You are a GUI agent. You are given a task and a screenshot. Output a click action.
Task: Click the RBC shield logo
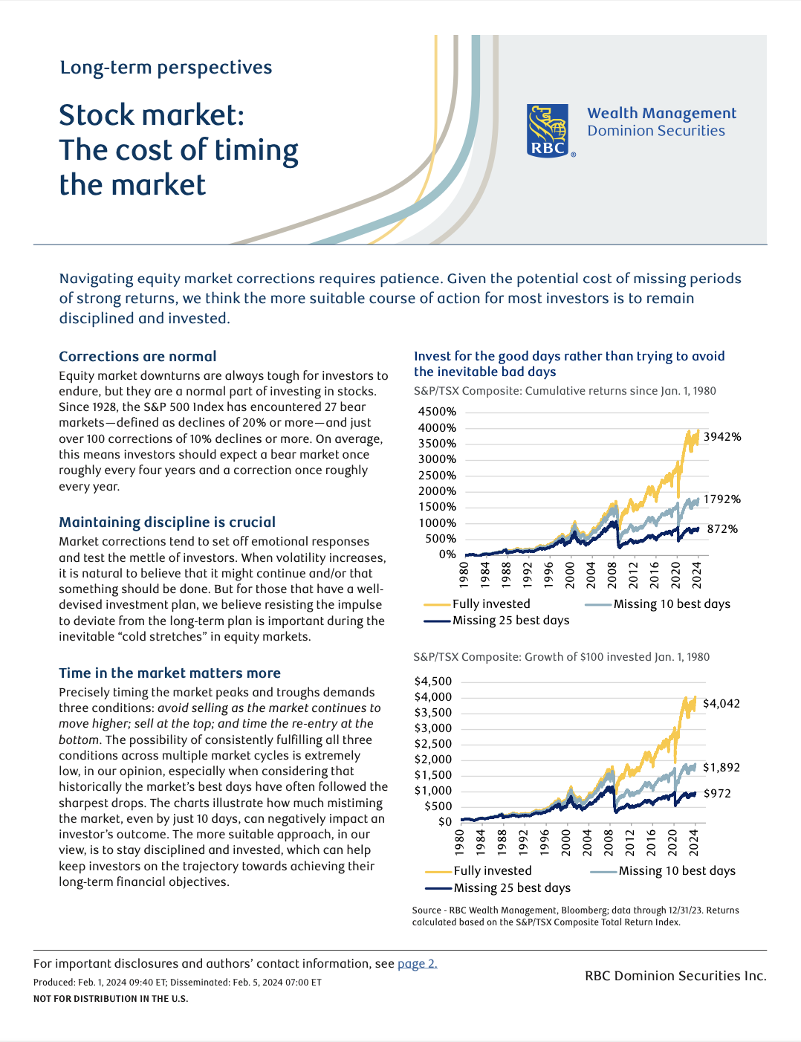pyautogui.click(x=548, y=130)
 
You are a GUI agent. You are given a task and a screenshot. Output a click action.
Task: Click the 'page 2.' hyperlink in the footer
pyautogui.click(x=417, y=964)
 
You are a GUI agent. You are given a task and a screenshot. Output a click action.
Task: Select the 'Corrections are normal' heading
pyautogui.click(x=137, y=357)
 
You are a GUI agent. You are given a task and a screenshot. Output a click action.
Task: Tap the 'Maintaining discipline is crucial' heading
pyautogui.click(x=167, y=522)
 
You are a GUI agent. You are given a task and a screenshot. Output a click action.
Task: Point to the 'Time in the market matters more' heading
pyautogui.click(x=169, y=673)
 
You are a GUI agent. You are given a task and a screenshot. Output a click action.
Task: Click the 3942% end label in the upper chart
pyautogui.click(x=722, y=437)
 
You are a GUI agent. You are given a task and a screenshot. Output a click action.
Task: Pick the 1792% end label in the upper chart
pyautogui.click(x=721, y=499)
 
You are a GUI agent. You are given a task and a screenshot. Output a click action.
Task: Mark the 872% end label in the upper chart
pyautogui.click(x=722, y=529)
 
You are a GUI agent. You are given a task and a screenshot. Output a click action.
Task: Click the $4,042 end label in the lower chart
pyautogui.click(x=721, y=704)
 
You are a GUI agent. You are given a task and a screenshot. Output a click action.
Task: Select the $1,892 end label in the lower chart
pyautogui.click(x=721, y=768)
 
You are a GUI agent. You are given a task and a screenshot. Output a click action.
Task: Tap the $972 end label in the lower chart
pyautogui.click(x=717, y=794)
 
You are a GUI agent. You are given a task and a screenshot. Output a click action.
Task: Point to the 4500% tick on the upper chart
pyautogui.click(x=437, y=412)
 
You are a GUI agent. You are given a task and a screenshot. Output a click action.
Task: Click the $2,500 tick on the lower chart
pyautogui.click(x=433, y=744)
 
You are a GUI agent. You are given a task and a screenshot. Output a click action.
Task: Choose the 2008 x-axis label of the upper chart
pyautogui.click(x=612, y=575)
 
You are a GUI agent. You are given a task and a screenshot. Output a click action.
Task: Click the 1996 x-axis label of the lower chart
pyautogui.click(x=545, y=842)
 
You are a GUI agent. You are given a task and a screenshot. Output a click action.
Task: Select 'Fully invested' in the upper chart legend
pyautogui.click(x=491, y=604)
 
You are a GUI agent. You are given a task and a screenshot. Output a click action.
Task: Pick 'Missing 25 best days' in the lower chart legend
pyautogui.click(x=512, y=888)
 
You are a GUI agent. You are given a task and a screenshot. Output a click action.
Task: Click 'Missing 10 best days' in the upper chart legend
pyautogui.click(x=672, y=604)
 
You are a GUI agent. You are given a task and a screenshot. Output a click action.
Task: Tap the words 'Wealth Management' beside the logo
pyautogui.click(x=661, y=114)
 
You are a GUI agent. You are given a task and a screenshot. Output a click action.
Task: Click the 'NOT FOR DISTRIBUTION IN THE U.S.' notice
pyautogui.click(x=111, y=999)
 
